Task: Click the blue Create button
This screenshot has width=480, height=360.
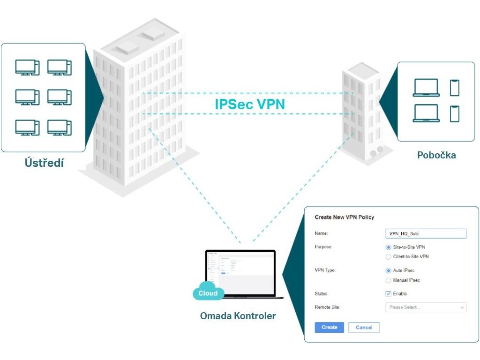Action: (329, 327)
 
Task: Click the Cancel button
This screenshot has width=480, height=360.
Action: (364, 328)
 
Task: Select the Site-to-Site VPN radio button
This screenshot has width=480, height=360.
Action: (388, 247)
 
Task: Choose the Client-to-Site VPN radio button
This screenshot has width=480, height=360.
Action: (388, 256)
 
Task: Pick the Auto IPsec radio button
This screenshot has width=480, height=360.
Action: (388, 270)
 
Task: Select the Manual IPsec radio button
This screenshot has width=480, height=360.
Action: (388, 280)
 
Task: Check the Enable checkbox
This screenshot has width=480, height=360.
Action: (388, 293)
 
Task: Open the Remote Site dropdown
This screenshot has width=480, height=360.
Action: (425, 307)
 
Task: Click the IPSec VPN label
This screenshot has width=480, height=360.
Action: (249, 104)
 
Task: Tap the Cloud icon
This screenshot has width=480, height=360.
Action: (208, 292)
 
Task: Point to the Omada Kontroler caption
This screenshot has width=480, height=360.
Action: (238, 316)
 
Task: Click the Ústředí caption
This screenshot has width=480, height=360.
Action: (44, 163)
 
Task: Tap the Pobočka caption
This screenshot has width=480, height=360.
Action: (436, 155)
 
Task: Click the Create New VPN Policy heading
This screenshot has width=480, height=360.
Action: (344, 217)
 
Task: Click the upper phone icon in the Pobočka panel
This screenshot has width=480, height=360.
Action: (455, 88)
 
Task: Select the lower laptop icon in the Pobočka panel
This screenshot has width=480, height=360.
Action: (426, 113)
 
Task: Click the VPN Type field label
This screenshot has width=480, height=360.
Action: (325, 270)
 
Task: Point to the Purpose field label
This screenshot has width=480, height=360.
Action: (324, 247)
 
